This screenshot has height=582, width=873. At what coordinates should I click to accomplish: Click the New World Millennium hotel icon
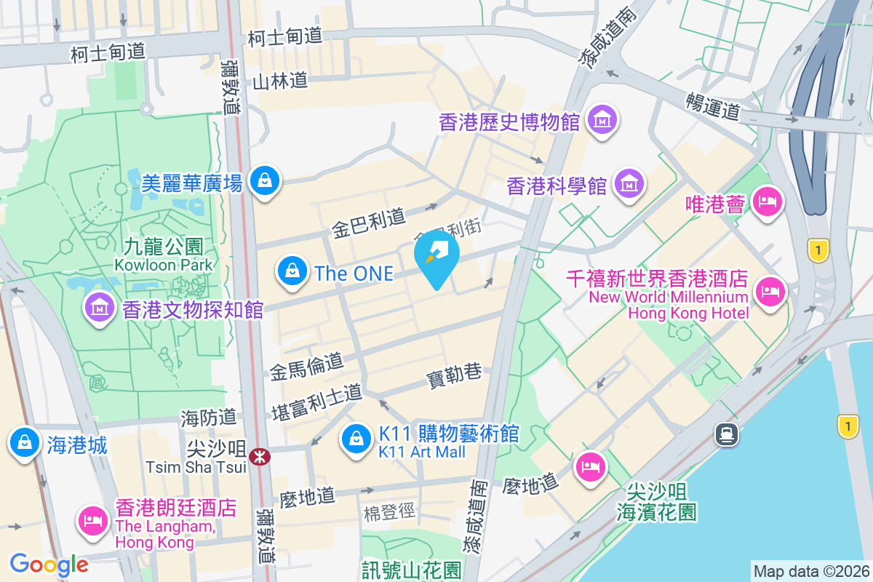pyautogui.click(x=770, y=292)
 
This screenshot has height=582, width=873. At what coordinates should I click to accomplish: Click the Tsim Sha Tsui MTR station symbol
pyautogui.click(x=259, y=457)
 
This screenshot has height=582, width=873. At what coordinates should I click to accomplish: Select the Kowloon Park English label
pyautogui.click(x=164, y=264)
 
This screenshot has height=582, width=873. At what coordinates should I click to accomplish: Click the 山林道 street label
pyautogui.click(x=280, y=81)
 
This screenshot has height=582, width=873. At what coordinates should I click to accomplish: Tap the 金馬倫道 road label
pyautogui.click(x=306, y=367)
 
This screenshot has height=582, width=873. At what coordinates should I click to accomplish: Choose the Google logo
pyautogui.click(x=49, y=564)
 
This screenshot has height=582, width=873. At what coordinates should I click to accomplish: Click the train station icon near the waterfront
pyautogui.click(x=727, y=435)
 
